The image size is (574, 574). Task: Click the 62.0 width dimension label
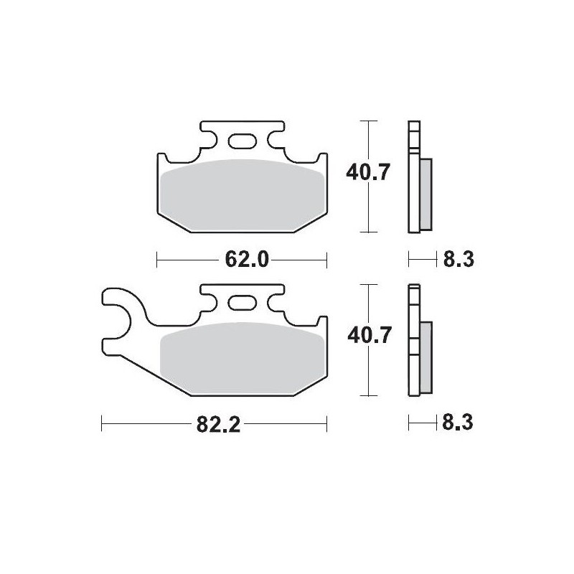coord(247,260)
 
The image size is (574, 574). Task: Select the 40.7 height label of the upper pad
coord(368,172)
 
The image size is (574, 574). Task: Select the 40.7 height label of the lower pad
coord(370,335)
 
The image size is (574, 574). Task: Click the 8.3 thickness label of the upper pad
coord(458,260)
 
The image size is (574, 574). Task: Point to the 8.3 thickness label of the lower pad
coord(458,423)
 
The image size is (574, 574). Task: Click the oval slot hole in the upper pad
coord(242,141)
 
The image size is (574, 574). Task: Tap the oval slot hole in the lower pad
coord(242,303)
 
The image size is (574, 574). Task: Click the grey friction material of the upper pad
coord(243,195)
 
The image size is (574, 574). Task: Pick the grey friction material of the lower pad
coord(243,359)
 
